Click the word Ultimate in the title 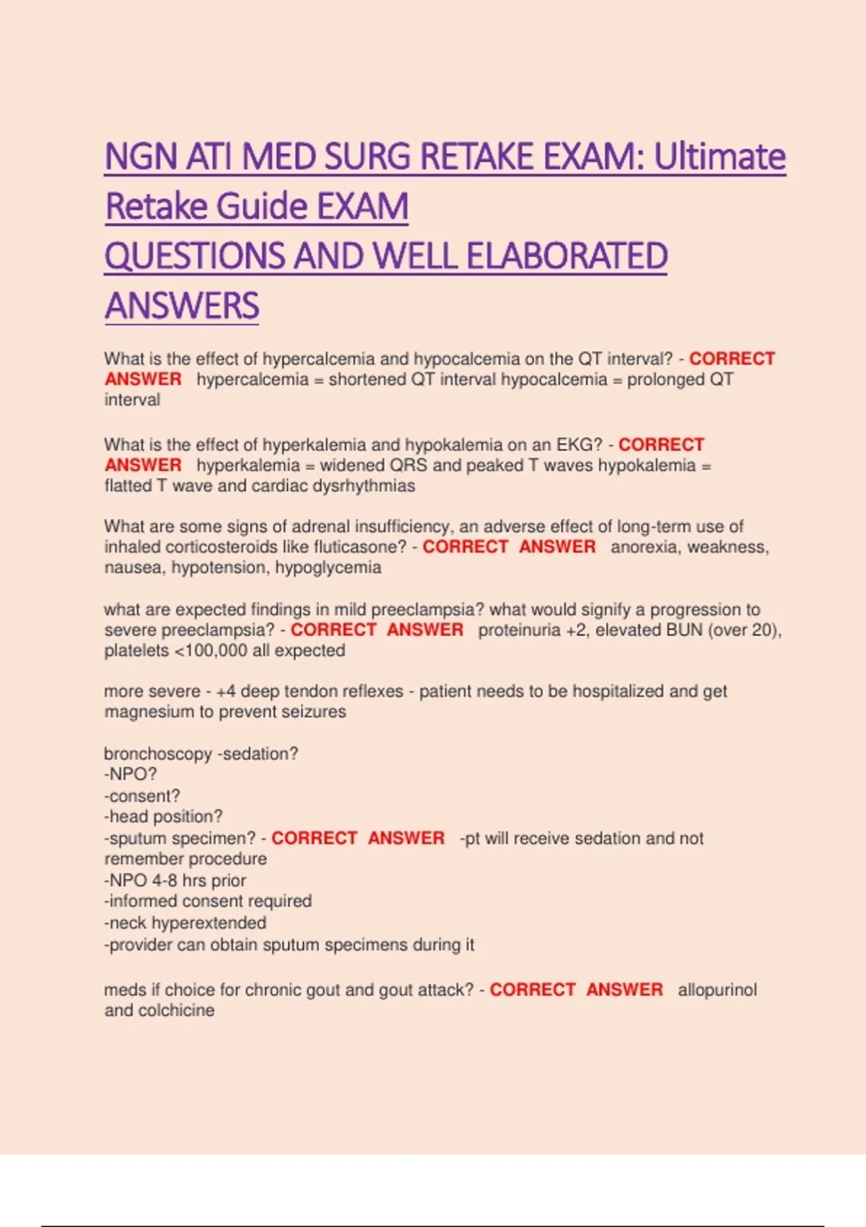(x=720, y=157)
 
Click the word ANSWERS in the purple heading (x=182, y=305)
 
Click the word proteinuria (x=519, y=630)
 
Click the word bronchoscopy (x=158, y=754)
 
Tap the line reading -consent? (x=142, y=796)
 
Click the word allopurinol (x=717, y=990)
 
